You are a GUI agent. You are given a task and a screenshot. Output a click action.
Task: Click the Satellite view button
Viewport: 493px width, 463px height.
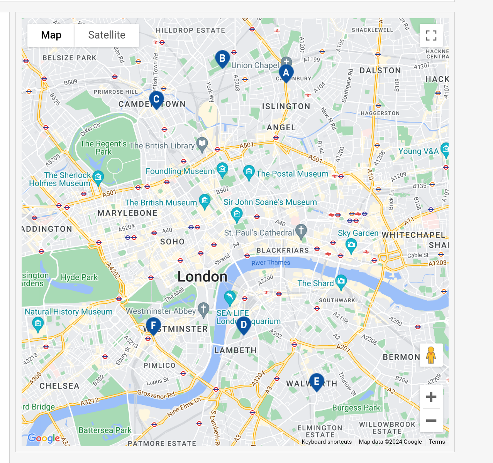click(107, 35)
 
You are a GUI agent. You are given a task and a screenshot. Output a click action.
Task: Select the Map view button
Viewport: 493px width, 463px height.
click(51, 35)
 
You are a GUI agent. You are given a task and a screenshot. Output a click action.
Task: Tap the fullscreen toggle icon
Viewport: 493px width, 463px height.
click(431, 35)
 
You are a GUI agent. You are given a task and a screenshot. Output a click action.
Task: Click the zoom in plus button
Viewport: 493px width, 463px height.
click(431, 397)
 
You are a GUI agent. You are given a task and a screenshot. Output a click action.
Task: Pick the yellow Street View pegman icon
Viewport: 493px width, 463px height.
click(431, 355)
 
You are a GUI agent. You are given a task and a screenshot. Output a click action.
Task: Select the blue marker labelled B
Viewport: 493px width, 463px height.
click(222, 59)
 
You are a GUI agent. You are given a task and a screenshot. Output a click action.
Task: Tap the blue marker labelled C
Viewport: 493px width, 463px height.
click(156, 99)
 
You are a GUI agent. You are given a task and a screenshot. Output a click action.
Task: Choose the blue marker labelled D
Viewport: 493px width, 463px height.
click(244, 325)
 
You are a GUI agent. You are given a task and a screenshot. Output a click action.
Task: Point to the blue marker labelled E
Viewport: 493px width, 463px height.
click(317, 382)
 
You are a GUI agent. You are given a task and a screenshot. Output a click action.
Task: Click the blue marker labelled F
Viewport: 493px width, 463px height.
click(153, 326)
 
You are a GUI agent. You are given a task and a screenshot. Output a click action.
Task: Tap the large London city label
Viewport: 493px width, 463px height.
click(202, 276)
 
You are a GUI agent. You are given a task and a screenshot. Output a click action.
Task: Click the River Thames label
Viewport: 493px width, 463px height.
click(271, 263)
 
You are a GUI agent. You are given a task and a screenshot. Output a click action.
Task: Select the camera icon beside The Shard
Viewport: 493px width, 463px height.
click(341, 281)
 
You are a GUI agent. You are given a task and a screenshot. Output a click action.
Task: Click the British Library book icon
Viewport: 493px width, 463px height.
click(202, 144)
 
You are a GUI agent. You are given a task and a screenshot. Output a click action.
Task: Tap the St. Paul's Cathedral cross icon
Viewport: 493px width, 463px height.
click(301, 231)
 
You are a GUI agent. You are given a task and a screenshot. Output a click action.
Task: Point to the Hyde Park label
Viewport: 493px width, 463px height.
click(79, 277)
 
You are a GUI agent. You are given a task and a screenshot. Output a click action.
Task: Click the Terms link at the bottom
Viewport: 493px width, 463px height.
click(437, 442)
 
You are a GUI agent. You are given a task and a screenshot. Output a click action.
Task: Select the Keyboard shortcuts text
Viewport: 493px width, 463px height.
click(327, 442)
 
